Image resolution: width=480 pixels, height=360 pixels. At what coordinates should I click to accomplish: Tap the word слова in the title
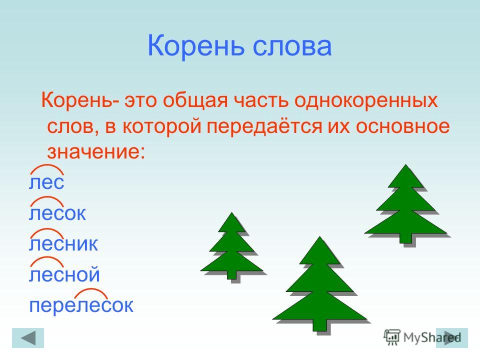292,46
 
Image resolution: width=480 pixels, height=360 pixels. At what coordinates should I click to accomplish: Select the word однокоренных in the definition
366,100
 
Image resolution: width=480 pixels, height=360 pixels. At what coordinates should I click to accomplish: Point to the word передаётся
264,126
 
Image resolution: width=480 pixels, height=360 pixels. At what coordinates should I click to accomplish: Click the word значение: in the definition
96,151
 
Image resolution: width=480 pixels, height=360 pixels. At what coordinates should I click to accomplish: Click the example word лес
46,182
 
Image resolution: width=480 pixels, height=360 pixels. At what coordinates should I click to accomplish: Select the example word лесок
57,213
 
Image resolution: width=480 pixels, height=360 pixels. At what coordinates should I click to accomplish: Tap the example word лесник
63,244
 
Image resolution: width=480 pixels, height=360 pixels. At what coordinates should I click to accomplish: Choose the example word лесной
64,274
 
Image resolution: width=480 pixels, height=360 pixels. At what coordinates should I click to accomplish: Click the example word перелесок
81,305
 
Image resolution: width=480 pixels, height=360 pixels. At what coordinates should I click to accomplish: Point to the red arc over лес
47,165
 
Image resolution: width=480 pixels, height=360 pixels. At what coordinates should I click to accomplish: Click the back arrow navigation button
28,338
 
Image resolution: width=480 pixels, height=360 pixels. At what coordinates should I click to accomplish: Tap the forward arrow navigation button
452,338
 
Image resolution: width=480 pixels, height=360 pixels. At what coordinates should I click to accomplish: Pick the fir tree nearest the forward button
406,205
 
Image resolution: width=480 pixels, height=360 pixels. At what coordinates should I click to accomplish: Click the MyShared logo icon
392,337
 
